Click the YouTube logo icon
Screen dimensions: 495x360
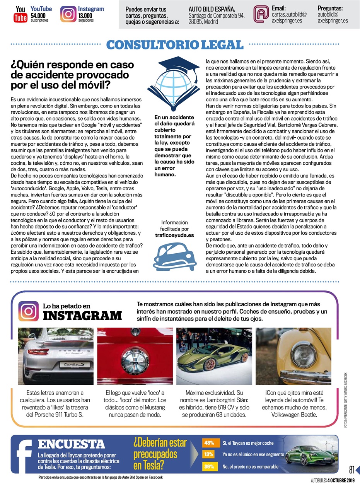coord(20,14)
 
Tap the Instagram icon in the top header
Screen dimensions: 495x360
coord(68,14)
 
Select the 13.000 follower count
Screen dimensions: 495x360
coord(86,15)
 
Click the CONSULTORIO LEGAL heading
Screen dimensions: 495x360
coord(175,44)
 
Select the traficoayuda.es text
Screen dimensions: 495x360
coord(174,235)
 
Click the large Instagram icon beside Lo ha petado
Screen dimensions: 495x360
coord(29,311)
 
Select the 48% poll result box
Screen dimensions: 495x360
coord(209,443)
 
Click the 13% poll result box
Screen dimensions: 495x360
coord(209,454)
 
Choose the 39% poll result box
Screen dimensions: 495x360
coord(209,466)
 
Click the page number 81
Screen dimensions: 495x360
coord(351,469)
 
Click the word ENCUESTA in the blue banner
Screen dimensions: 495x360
coord(71,444)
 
